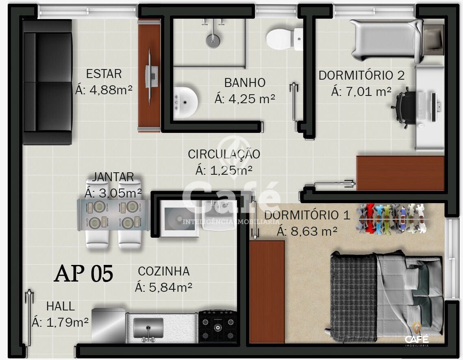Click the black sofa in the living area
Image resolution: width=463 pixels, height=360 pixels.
[47, 82]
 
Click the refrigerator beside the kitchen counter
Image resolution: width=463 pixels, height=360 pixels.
[108, 325]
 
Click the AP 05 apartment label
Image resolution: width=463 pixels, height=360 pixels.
[83, 273]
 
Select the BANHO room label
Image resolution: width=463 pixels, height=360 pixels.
[245, 82]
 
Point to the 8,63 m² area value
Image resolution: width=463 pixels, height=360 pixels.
[307, 231]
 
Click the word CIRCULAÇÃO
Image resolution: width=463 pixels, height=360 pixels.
[224, 154]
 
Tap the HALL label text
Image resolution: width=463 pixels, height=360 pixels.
[60, 306]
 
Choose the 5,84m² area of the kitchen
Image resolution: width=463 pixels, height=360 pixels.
[163, 287]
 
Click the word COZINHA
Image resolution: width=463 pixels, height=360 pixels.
[163, 271]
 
